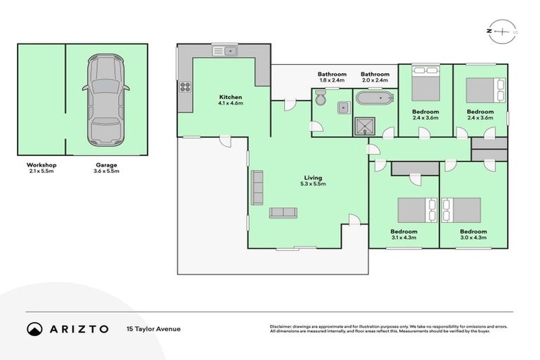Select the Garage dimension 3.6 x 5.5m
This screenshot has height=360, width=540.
coord(107,171)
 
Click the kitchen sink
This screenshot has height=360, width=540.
coord(227,51)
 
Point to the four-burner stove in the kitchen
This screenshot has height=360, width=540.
coord(186,87)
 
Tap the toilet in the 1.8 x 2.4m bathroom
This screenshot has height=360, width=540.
coord(321,102)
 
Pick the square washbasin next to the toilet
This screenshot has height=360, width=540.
coord(342,107)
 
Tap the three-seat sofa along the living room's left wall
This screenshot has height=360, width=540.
coord(257,187)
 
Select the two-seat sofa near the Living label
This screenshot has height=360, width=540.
coord(283,212)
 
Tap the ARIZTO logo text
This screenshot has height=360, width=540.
coord(79,328)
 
